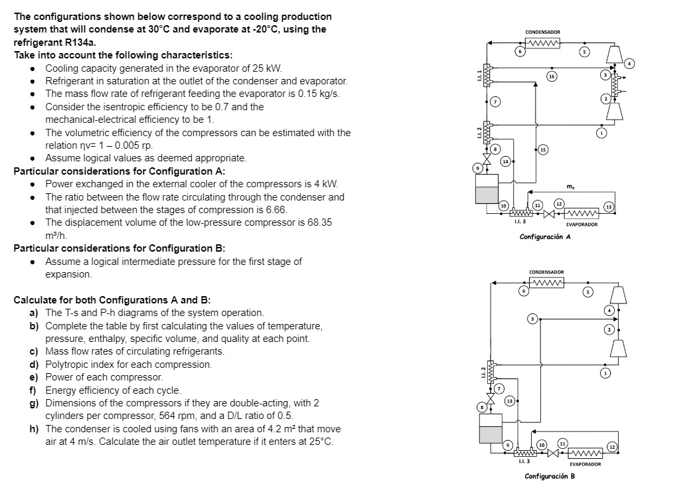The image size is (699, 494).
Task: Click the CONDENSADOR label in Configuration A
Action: pyautogui.click(x=542, y=32)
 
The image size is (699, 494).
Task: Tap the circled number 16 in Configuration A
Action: pyautogui.click(x=551, y=77)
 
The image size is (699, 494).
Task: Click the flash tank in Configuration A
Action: pyautogui.click(x=487, y=191)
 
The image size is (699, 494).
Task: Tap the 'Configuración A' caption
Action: pyautogui.click(x=545, y=236)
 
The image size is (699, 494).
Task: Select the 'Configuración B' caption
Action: pyautogui.click(x=550, y=476)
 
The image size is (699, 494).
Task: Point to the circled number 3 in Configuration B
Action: pyautogui.click(x=531, y=319)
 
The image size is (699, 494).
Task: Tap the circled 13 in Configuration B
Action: pyautogui.click(x=509, y=400)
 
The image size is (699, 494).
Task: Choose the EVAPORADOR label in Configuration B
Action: pyautogui.click(x=585, y=464)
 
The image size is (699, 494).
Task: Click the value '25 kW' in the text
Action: pyautogui.click(x=270, y=68)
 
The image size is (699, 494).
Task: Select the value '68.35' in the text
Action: pyautogui.click(x=319, y=222)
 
